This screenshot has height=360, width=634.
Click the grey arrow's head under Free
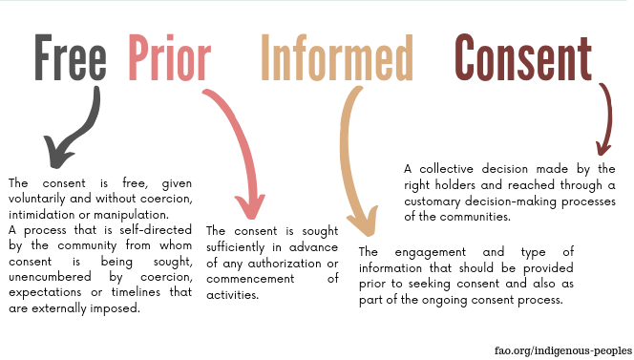coord(56,154)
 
